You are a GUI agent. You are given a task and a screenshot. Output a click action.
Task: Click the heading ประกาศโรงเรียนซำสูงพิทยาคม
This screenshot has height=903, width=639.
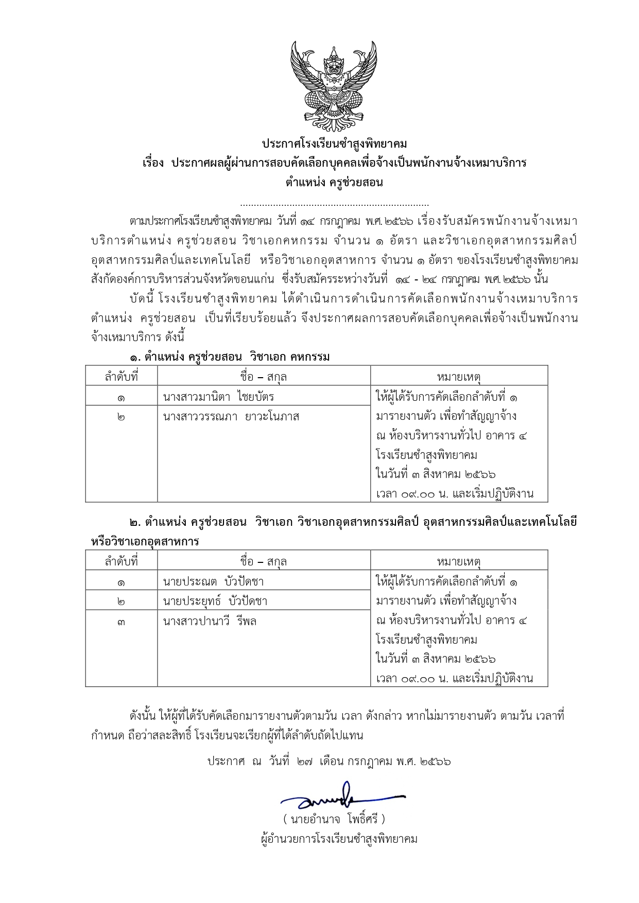point(334,144)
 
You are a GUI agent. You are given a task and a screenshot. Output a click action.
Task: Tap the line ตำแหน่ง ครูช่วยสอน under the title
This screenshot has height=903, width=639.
point(334,182)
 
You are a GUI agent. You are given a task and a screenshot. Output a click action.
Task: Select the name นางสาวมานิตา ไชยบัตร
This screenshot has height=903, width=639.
point(218,397)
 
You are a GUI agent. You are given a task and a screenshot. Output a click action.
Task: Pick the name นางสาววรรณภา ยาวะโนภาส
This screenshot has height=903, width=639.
point(231,416)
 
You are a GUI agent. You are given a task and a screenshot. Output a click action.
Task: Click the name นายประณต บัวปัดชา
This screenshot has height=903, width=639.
point(213,582)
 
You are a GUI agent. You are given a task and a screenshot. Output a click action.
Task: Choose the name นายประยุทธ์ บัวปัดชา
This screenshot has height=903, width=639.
point(215,601)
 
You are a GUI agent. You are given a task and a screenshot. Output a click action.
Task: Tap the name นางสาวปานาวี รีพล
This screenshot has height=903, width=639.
point(210,621)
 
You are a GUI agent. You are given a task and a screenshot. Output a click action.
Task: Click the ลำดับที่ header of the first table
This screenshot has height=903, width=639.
point(122,377)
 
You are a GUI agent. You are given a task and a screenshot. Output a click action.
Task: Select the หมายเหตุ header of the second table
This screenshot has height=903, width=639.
point(458,561)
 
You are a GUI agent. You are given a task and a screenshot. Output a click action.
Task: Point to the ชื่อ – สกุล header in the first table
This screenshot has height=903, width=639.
point(263,377)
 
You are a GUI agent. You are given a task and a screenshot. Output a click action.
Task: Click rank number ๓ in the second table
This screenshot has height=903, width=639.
point(121,622)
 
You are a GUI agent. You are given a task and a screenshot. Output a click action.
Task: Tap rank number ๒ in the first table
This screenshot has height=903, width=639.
point(121,417)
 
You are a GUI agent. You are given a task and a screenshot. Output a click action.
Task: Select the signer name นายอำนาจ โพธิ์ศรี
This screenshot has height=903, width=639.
point(334,819)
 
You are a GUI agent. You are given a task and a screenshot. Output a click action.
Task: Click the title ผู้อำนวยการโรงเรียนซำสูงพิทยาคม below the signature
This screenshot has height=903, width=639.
point(339,839)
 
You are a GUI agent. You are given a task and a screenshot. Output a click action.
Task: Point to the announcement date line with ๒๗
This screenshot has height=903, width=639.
point(329,761)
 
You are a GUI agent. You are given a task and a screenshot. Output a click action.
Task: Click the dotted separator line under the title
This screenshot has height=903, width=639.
point(334,205)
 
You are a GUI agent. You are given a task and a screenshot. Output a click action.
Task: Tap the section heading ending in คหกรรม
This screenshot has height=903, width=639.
point(229,357)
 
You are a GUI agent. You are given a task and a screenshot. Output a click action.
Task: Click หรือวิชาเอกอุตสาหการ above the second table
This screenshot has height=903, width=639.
point(145,541)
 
